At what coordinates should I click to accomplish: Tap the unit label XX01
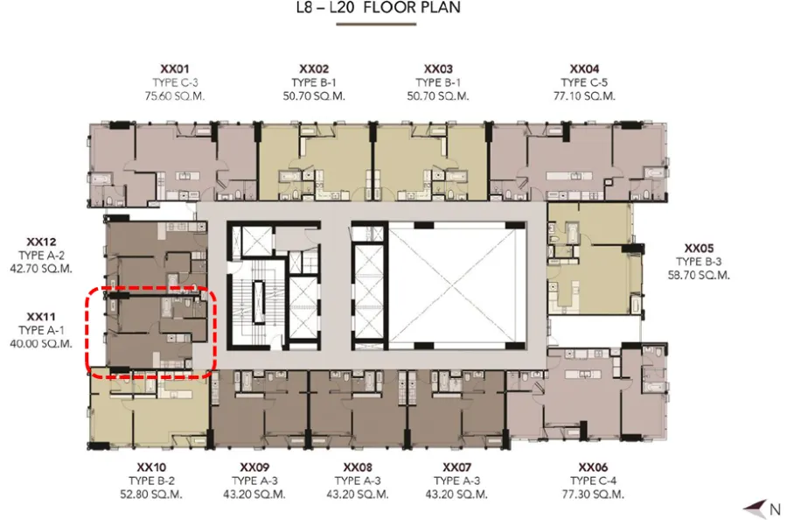[x=175, y=69]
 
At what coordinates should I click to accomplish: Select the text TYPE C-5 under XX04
[x=584, y=82]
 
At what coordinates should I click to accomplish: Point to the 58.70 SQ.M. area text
[x=699, y=275]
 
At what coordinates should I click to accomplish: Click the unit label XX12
[x=41, y=242]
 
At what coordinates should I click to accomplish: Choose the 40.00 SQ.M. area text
[x=41, y=344]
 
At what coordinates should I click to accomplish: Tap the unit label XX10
[x=151, y=467]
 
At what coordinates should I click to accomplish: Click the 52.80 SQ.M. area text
[x=151, y=495]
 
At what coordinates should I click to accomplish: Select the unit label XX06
[x=593, y=467]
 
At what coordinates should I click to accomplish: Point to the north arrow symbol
[x=756, y=509]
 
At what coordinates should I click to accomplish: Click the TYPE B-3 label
[x=699, y=261]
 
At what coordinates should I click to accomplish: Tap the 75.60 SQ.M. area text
[x=175, y=96]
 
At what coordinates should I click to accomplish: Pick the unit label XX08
[x=358, y=467]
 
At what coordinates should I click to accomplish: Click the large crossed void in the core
[x=456, y=285]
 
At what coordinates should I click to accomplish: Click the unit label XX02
[x=314, y=69]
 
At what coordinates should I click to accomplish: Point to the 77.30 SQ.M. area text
[x=593, y=495]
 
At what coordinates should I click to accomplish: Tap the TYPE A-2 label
[x=41, y=256]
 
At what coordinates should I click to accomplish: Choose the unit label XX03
[x=438, y=69]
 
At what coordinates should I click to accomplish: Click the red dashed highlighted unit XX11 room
[x=150, y=332]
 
